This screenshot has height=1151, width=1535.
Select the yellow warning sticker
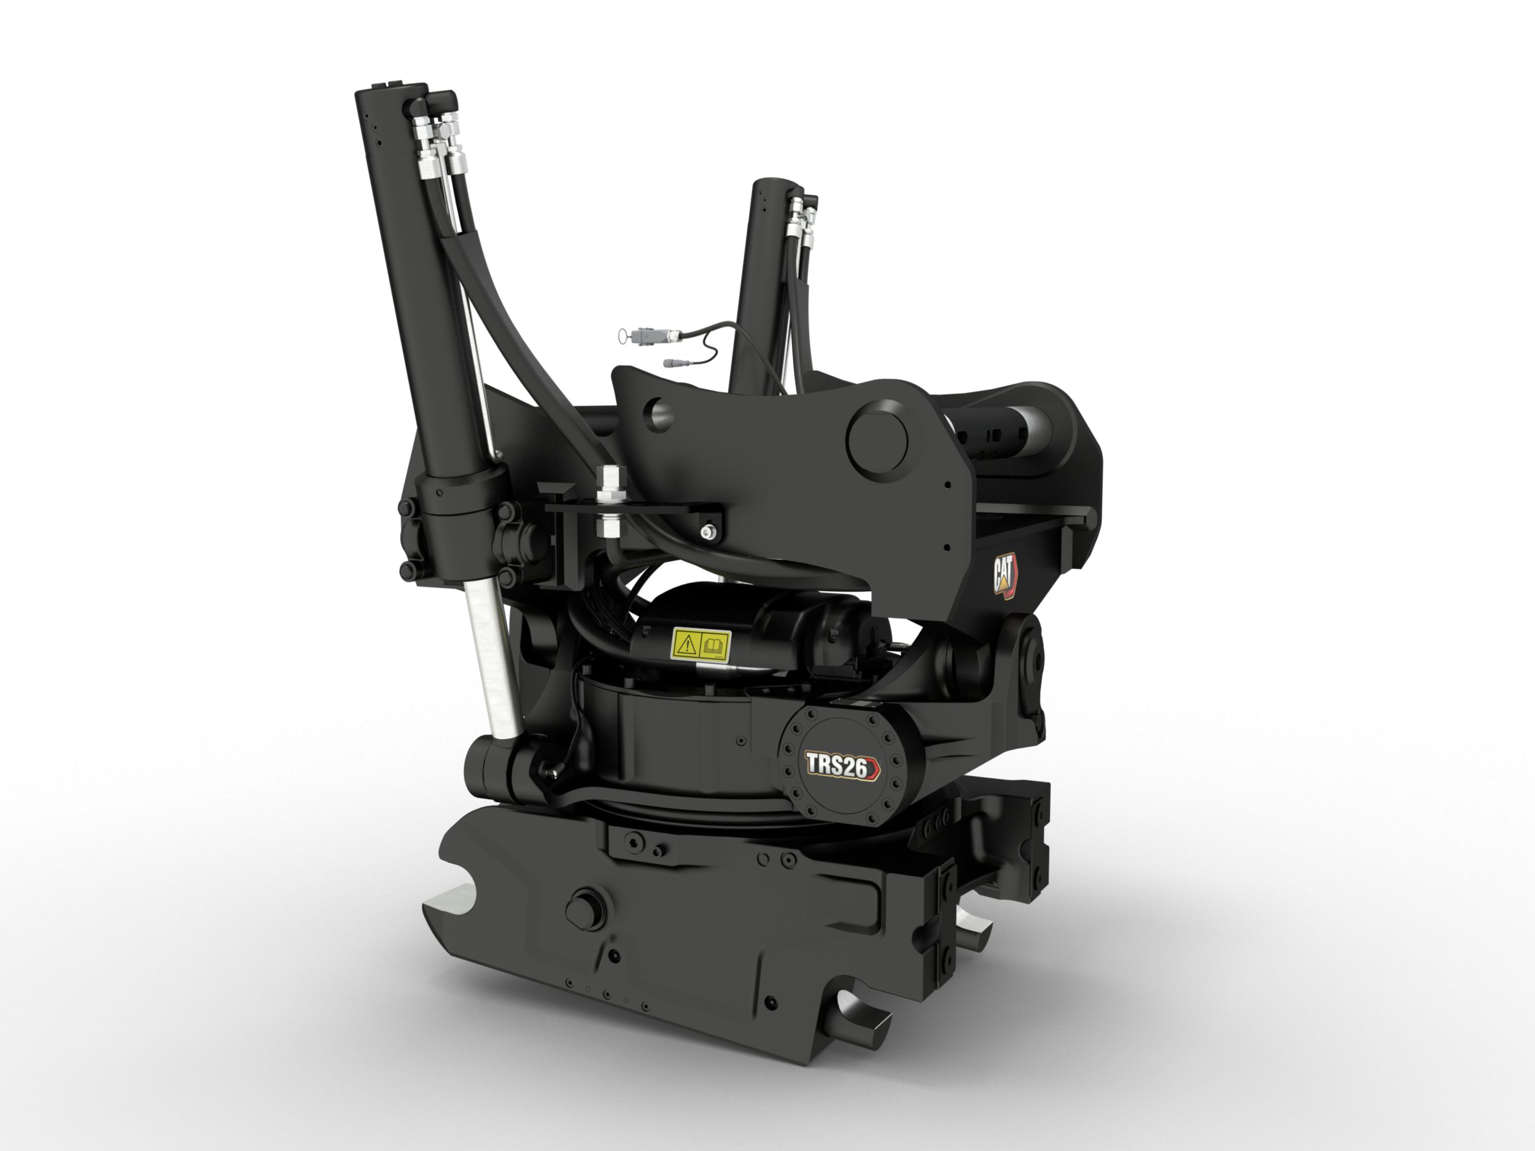click(x=701, y=645)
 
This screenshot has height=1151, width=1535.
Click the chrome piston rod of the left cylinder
click(x=491, y=659)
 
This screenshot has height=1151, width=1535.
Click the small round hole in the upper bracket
click(x=659, y=414)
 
